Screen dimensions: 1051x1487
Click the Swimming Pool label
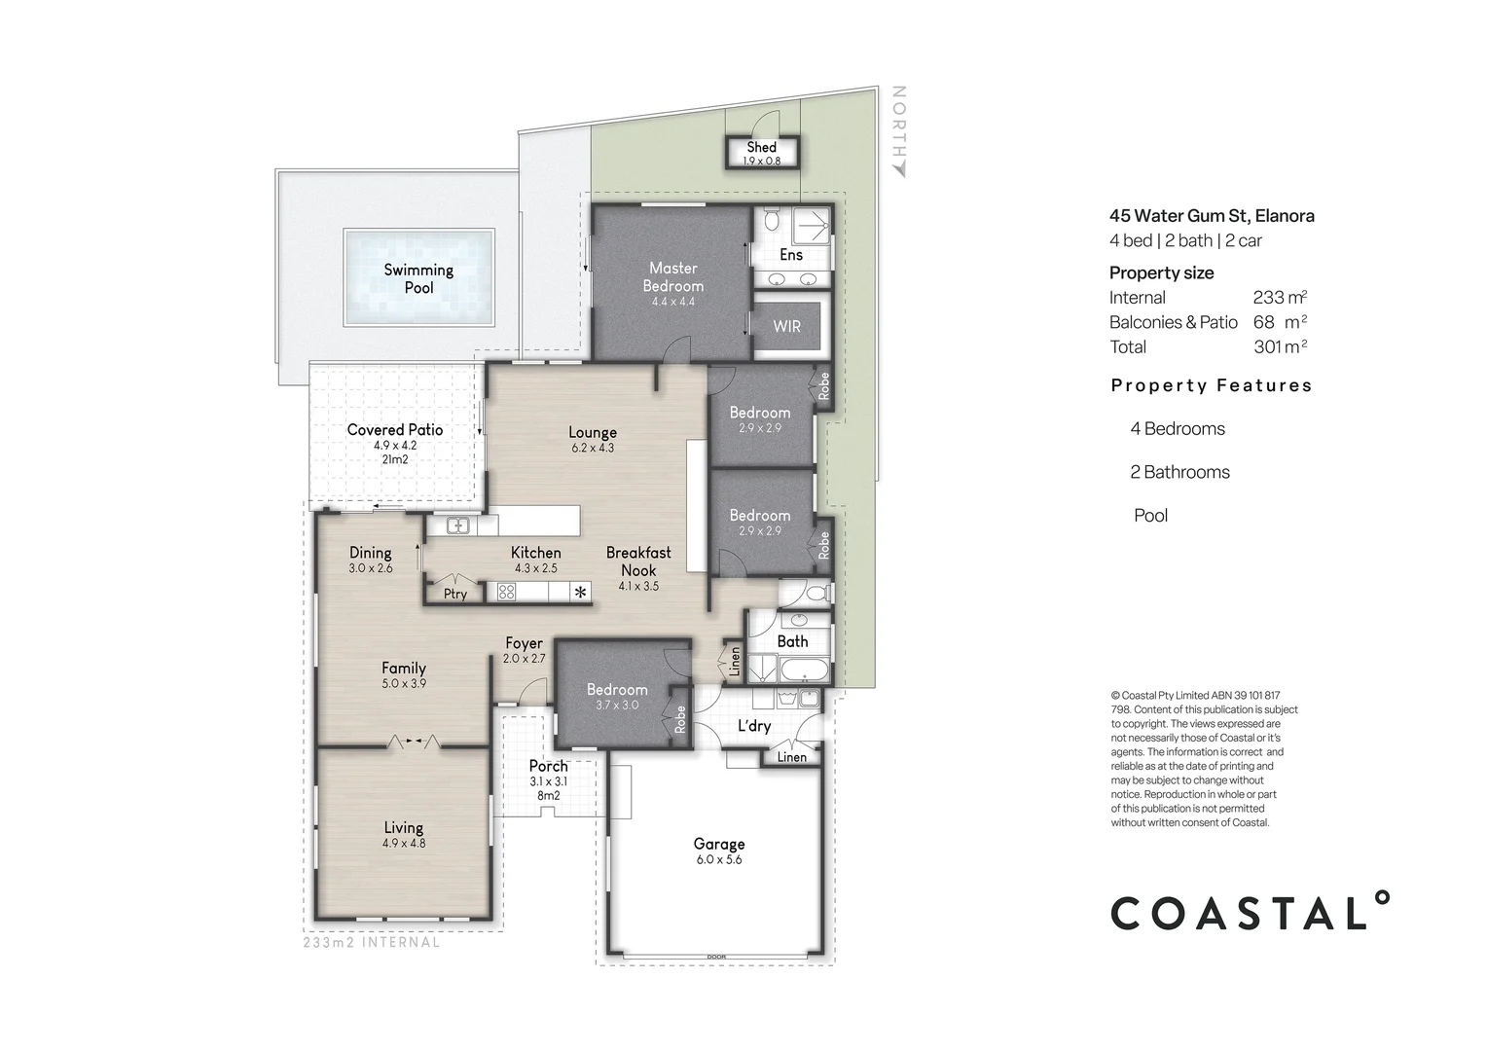[418, 278]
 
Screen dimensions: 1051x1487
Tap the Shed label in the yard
[761, 147]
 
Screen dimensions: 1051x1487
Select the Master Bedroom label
[672, 276]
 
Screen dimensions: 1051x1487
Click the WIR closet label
[786, 326]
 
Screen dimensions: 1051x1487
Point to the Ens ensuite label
[791, 254]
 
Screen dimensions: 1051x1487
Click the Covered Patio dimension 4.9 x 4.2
[394, 445]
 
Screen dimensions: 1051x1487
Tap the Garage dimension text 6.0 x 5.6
[719, 859]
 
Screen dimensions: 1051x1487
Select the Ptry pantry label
[454, 594]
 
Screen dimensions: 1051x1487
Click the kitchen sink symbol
[458, 525]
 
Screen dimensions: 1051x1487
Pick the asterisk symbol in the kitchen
[581, 592]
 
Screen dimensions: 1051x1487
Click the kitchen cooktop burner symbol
[506, 592]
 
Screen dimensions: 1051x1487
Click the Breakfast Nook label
[638, 562]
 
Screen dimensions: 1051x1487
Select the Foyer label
[524, 643]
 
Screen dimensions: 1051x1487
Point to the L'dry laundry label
[754, 726]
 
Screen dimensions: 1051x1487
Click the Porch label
[548, 766]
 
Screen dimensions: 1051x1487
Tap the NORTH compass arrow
[899, 170]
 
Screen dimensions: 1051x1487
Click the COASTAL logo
[1251, 912]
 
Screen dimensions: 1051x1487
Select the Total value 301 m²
[1280, 346]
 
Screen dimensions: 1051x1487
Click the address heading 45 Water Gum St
[1212, 216]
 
